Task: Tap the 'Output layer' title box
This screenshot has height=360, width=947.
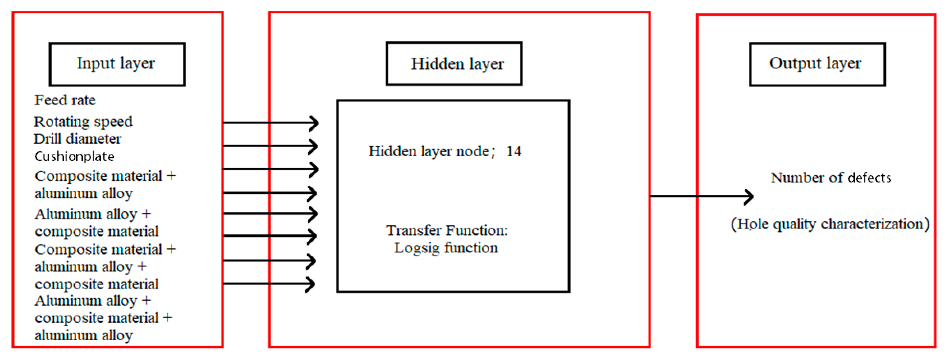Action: coord(817,64)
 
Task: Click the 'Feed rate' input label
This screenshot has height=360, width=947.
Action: coord(65,100)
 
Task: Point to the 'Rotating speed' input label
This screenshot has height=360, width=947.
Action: coord(83,121)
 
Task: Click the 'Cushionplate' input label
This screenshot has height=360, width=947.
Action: coord(74,157)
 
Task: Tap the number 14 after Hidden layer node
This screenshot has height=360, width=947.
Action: coord(514,151)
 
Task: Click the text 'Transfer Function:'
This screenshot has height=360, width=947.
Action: coord(447,230)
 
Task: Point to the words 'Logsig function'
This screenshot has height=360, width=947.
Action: coord(446,248)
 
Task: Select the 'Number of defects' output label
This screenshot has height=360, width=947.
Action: coord(830,178)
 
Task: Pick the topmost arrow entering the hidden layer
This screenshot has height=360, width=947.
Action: coord(271,123)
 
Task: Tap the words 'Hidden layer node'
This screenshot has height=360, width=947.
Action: coord(429,151)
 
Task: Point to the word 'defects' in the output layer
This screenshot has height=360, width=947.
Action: coord(869,178)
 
